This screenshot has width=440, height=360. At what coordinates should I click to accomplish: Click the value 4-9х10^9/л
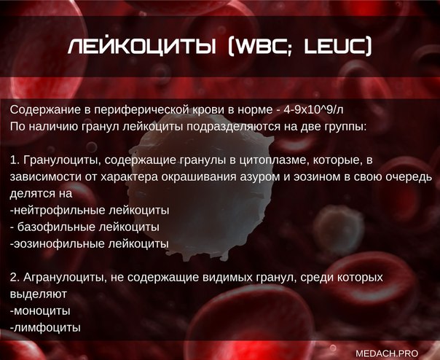tap(313, 109)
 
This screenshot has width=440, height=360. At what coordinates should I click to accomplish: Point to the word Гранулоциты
tap(60, 160)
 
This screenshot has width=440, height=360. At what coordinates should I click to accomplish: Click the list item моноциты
tap(40, 311)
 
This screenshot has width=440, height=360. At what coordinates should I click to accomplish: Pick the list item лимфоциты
tap(45, 327)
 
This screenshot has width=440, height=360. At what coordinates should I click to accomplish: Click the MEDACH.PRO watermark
tap(387, 353)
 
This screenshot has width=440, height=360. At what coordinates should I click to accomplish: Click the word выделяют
tap(38, 294)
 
